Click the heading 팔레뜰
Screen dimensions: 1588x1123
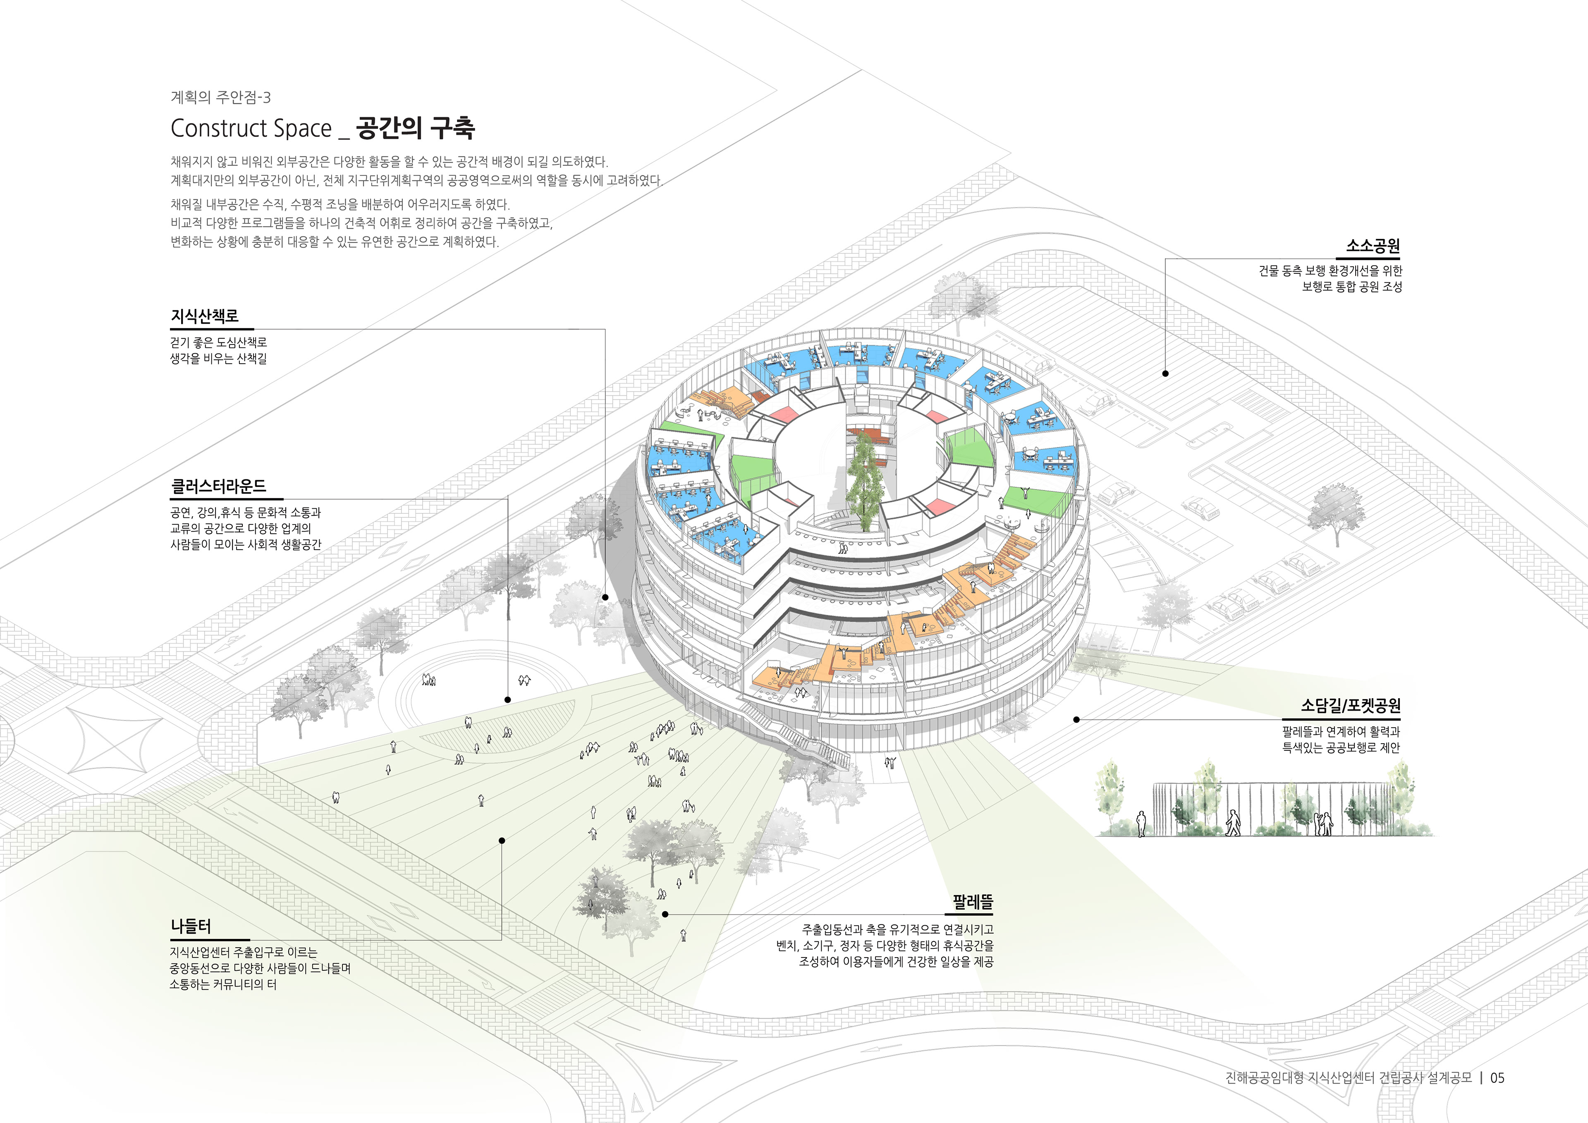click(x=972, y=902)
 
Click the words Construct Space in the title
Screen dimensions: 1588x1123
click(x=251, y=129)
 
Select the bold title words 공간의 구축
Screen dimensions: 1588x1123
click(x=415, y=128)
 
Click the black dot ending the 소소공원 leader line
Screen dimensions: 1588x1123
click(x=1165, y=374)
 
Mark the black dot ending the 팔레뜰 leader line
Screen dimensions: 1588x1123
click(x=665, y=914)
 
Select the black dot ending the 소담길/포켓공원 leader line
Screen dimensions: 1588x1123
click(x=1076, y=720)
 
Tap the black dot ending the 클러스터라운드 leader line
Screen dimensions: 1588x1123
click(x=508, y=699)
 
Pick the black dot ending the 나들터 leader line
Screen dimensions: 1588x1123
click(x=502, y=840)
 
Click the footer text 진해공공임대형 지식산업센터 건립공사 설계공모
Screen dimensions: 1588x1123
click(x=1348, y=1078)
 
